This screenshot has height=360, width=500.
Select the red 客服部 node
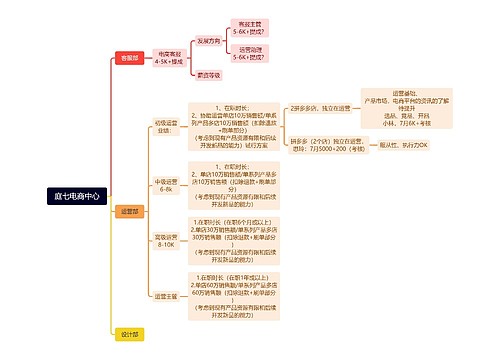pos(129,58)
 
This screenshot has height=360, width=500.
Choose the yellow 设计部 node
pos(129,334)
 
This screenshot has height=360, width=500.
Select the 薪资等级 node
pos(209,74)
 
